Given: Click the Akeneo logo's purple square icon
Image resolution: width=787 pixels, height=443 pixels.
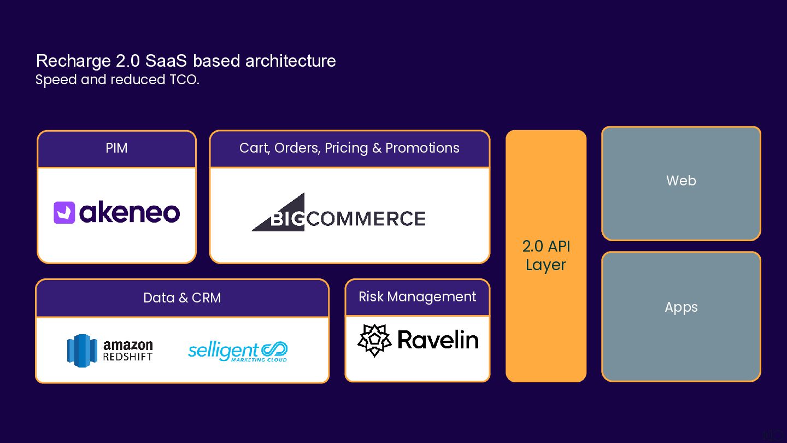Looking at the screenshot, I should tap(64, 213).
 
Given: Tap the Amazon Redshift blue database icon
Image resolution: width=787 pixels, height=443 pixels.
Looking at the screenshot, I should tap(82, 351).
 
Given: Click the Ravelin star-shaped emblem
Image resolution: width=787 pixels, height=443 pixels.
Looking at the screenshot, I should tap(374, 340).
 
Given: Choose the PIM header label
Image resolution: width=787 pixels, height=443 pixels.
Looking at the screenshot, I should tap(116, 148).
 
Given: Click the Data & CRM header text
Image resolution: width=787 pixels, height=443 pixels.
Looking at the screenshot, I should tap(182, 298).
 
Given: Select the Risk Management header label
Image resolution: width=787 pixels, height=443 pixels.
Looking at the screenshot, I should tap(417, 297).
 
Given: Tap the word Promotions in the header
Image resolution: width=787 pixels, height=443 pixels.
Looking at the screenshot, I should tap(422, 148).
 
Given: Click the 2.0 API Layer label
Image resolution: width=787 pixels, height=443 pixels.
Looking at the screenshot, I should tap(546, 255).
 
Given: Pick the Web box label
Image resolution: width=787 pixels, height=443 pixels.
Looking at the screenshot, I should tap(681, 180).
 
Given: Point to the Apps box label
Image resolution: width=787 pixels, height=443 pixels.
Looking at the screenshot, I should tap(681, 307).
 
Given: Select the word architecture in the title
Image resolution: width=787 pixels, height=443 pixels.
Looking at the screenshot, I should tap(290, 61).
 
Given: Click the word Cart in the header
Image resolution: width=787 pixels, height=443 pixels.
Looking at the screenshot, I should tap(253, 148).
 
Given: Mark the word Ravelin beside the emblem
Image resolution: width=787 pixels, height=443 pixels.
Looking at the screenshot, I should tap(438, 340).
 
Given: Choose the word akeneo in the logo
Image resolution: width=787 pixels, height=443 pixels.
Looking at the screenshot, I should tap(130, 213).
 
